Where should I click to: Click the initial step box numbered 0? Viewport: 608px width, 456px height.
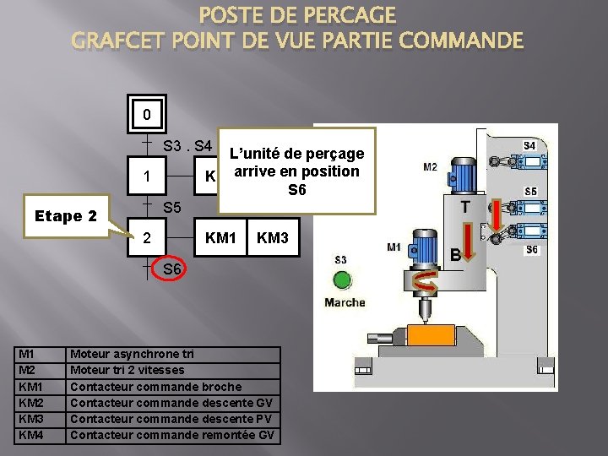pyautogui.click(x=147, y=114)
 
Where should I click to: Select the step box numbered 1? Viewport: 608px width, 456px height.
pyautogui.click(x=147, y=177)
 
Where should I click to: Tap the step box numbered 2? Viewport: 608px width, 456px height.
pyautogui.click(x=147, y=239)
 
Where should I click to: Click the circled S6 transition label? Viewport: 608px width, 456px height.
pyautogui.click(x=172, y=269)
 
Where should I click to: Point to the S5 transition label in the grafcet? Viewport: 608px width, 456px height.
pyautogui.click(x=172, y=207)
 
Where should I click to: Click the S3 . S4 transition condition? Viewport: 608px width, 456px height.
pyautogui.click(x=187, y=145)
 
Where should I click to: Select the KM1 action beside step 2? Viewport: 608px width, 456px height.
pyautogui.click(x=220, y=239)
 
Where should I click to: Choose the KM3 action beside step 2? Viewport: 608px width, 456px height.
pyautogui.click(x=273, y=239)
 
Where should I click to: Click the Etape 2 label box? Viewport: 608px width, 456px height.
pyautogui.click(x=68, y=215)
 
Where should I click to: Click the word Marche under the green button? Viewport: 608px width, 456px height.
pyautogui.click(x=345, y=302)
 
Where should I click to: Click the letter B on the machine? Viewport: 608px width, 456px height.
pyautogui.click(x=454, y=254)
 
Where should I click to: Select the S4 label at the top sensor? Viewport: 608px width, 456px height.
pyautogui.click(x=529, y=146)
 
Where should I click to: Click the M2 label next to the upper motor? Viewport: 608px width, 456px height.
pyautogui.click(x=430, y=166)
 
